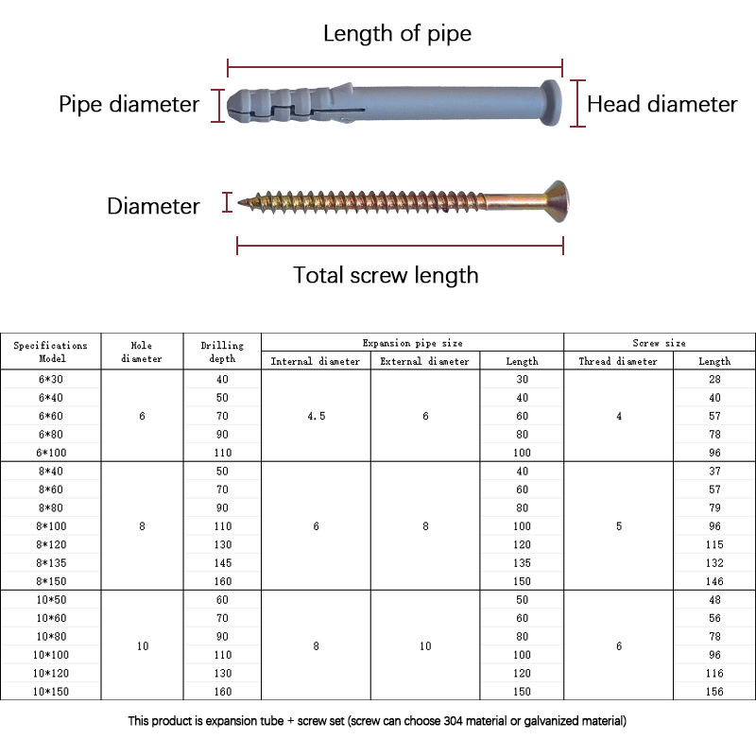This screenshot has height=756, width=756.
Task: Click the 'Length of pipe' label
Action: (x=397, y=34)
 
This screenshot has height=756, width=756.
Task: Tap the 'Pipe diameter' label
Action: (x=129, y=104)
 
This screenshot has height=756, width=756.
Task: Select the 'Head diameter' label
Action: (x=661, y=104)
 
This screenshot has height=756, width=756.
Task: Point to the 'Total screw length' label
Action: (x=386, y=275)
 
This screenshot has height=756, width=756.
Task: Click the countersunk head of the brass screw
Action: (x=553, y=201)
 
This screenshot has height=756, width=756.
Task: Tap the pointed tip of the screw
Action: (x=242, y=201)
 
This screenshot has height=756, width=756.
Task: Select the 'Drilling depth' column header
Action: (x=222, y=352)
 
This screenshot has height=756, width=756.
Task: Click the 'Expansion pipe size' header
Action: (x=412, y=343)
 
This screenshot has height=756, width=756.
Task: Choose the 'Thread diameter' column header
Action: (x=618, y=361)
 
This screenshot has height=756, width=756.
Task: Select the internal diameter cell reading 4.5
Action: (x=316, y=416)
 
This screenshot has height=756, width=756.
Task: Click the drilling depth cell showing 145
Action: (x=222, y=562)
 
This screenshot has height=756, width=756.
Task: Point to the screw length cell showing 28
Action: (x=714, y=379)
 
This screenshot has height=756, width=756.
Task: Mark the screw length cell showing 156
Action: (x=714, y=692)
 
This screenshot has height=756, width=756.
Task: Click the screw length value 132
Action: (x=714, y=562)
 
